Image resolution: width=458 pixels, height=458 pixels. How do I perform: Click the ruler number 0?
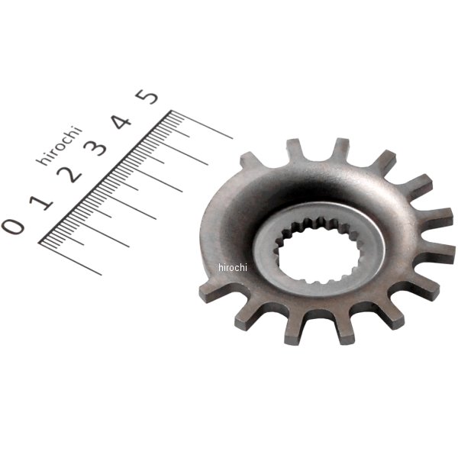coord(13,227)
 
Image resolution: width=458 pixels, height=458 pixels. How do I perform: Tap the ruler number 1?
coord(41,202)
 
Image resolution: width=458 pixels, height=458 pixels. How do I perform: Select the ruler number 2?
coord(69,175)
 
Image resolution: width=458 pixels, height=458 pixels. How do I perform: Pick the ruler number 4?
coord(122,121)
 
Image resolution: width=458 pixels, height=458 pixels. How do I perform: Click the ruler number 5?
coord(147,96)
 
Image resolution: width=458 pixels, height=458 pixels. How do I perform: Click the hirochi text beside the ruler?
coord(60,145)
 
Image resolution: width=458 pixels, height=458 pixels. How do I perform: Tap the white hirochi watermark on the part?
coord(233,267)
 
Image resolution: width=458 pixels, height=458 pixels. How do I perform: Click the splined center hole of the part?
coord(318,251)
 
